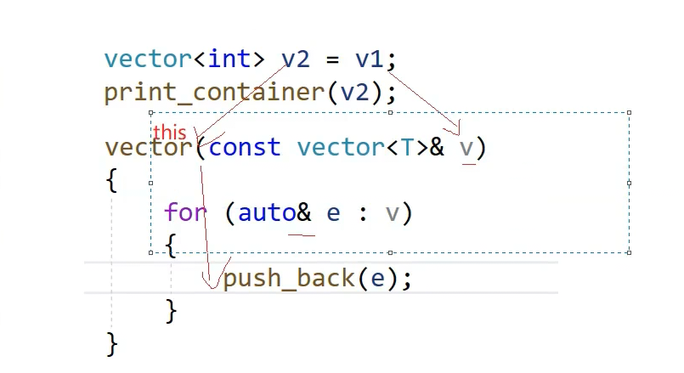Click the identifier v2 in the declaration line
pyautogui.click(x=296, y=59)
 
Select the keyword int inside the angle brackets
pyautogui.click(x=229, y=59)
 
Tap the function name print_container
pyautogui.click(x=215, y=92)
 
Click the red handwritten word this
pyautogui.click(x=170, y=133)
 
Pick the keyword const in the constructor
pyautogui.click(x=245, y=147)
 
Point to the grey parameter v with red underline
pyautogui.click(x=466, y=148)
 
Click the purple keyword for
pyautogui.click(x=185, y=212)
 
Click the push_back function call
pyautogui.click(x=289, y=279)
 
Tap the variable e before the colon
pyautogui.click(x=333, y=212)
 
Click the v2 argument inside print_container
pyautogui.click(x=356, y=92)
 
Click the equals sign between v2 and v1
pyautogui.click(x=333, y=59)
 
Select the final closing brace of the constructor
pyautogui.click(x=111, y=343)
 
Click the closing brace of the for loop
pyautogui.click(x=171, y=311)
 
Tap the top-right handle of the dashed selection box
pyautogui.click(x=629, y=112)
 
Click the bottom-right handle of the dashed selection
pyautogui.click(x=629, y=251)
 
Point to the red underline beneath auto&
pyautogui.click(x=302, y=234)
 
